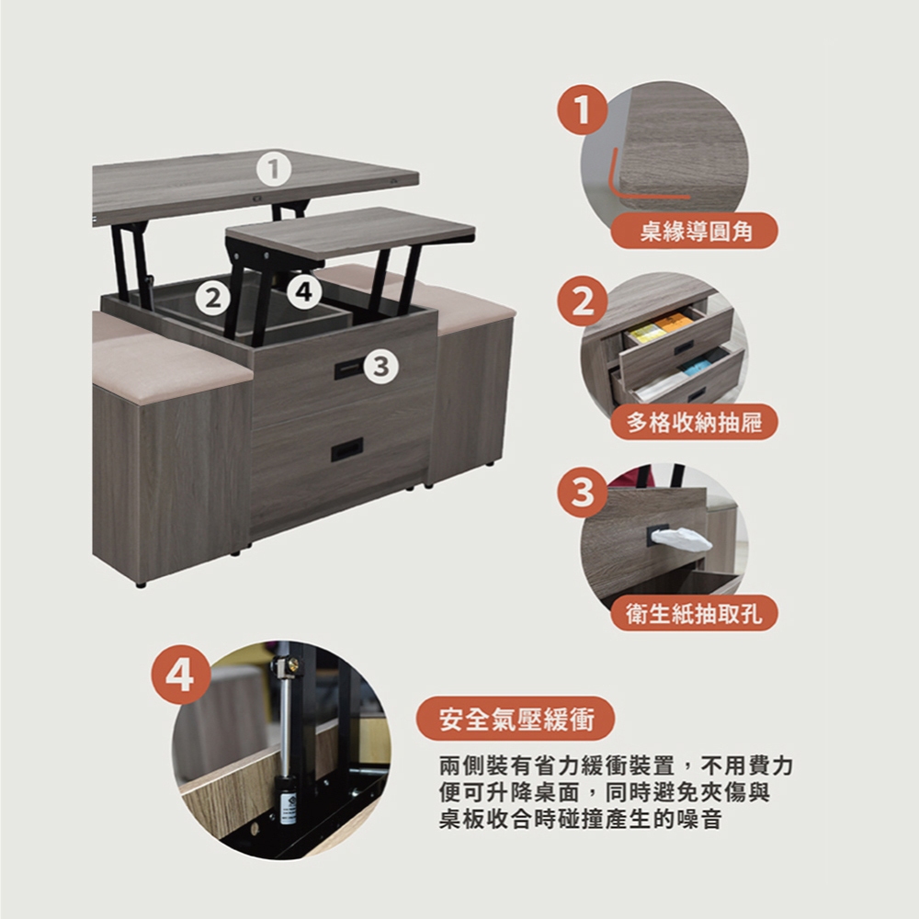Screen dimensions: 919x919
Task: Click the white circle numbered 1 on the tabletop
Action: (x=274, y=169)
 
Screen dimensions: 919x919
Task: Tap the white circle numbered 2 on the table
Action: (x=213, y=299)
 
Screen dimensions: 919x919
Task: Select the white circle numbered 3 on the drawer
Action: (x=381, y=367)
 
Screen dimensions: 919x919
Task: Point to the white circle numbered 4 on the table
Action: (x=304, y=291)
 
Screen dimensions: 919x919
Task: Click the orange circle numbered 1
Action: (x=582, y=109)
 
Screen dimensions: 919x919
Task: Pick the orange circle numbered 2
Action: (x=582, y=301)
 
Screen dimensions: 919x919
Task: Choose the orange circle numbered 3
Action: (x=582, y=492)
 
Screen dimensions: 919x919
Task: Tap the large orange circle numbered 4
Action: (x=180, y=675)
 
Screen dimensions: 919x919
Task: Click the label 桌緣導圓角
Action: (x=695, y=231)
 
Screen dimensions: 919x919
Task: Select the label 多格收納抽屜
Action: (x=695, y=422)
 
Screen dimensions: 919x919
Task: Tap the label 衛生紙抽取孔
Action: (x=695, y=614)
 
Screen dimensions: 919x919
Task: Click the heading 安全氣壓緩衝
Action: (x=516, y=720)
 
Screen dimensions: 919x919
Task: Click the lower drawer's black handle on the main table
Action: (x=347, y=449)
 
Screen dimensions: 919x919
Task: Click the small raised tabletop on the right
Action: (x=350, y=231)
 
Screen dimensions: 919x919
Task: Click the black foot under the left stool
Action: (x=140, y=584)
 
